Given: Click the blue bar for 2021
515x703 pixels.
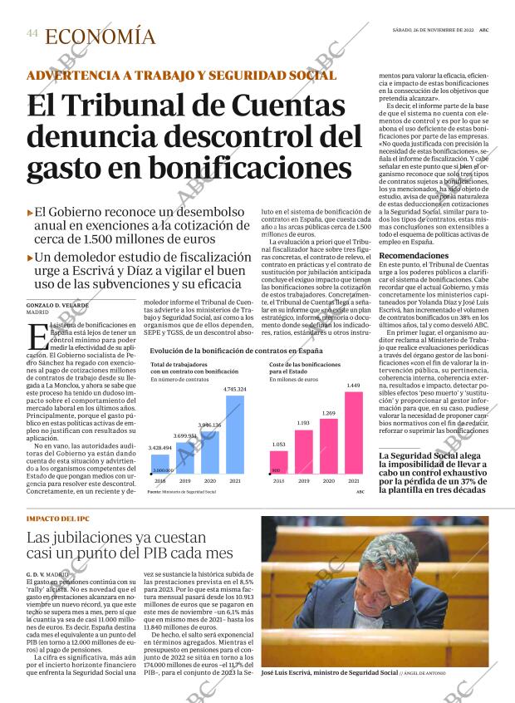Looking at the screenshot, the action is coord(235,436).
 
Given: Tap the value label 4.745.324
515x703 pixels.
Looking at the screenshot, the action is coord(235,390).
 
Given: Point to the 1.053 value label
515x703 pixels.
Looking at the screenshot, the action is coord(278,445).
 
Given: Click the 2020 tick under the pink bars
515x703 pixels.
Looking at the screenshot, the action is coord(329,481).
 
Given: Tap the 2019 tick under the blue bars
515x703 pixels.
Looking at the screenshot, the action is coord(184,481).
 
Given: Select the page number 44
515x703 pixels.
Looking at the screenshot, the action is coord(32,34).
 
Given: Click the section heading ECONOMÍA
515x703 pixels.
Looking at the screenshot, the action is coord(100,37).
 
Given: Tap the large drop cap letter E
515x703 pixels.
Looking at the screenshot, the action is coord(37,337).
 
